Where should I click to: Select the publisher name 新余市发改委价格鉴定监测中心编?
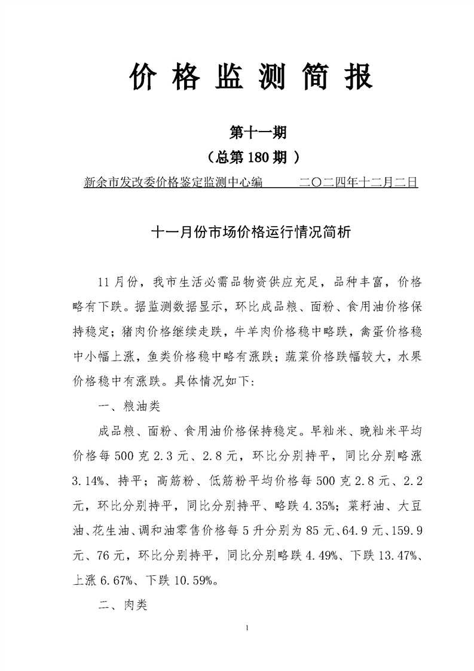click(x=174, y=182)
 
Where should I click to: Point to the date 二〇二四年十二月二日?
click(x=357, y=182)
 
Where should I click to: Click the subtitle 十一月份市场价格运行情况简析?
click(x=250, y=233)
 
